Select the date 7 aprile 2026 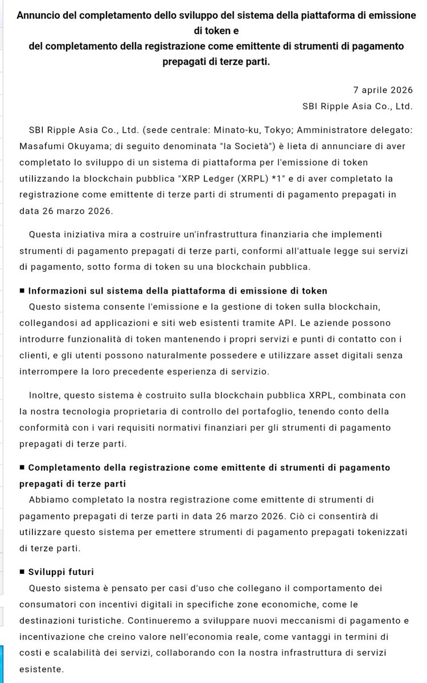click(x=383, y=90)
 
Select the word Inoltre click(x=46, y=395)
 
